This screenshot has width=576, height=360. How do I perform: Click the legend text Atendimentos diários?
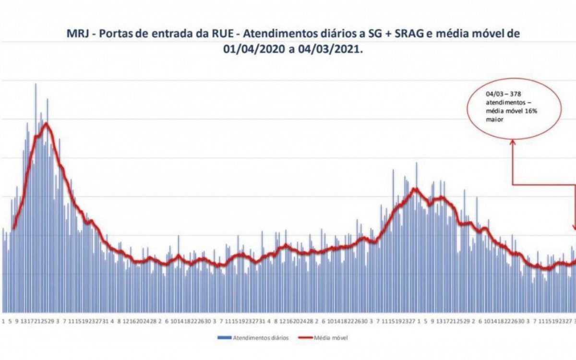click(x=261, y=338)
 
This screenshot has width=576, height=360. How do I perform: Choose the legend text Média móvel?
click(x=331, y=338)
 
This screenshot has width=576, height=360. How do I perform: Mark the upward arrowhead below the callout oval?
click(x=512, y=143)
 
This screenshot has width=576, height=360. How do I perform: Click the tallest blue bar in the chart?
click(x=35, y=85)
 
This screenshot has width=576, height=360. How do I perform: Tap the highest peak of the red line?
click(x=46, y=123)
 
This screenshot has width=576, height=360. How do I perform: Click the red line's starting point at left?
click(x=13, y=228)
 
